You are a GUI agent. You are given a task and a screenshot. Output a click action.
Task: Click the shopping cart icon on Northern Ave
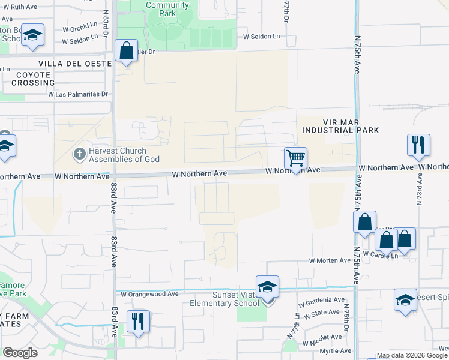[295, 158]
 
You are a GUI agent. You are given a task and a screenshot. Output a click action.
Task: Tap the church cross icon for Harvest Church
[79, 154]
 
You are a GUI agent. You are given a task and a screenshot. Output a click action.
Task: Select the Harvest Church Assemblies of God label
[125, 155]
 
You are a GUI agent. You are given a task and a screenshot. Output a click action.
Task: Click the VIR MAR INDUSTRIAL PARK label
[340, 125]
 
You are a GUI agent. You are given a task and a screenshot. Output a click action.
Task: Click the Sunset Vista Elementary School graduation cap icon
[267, 287]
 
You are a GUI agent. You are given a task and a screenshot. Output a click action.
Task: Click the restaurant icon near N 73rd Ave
[418, 145]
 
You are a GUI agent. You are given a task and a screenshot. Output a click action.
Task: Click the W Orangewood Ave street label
[149, 294]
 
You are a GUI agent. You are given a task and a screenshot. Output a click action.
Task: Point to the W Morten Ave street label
[330, 260]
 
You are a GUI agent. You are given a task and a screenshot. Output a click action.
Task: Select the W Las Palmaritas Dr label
[77, 94]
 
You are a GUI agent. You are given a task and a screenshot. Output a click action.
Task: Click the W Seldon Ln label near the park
[261, 37]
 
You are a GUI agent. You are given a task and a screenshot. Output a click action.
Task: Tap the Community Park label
[167, 9]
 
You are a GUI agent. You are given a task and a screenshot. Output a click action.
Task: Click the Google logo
[20, 353]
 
